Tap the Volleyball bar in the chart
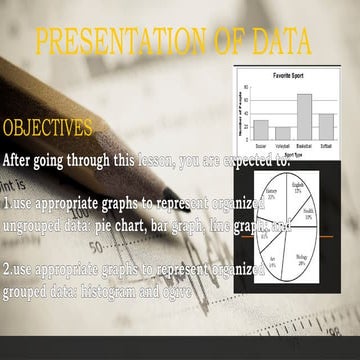(283, 133)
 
